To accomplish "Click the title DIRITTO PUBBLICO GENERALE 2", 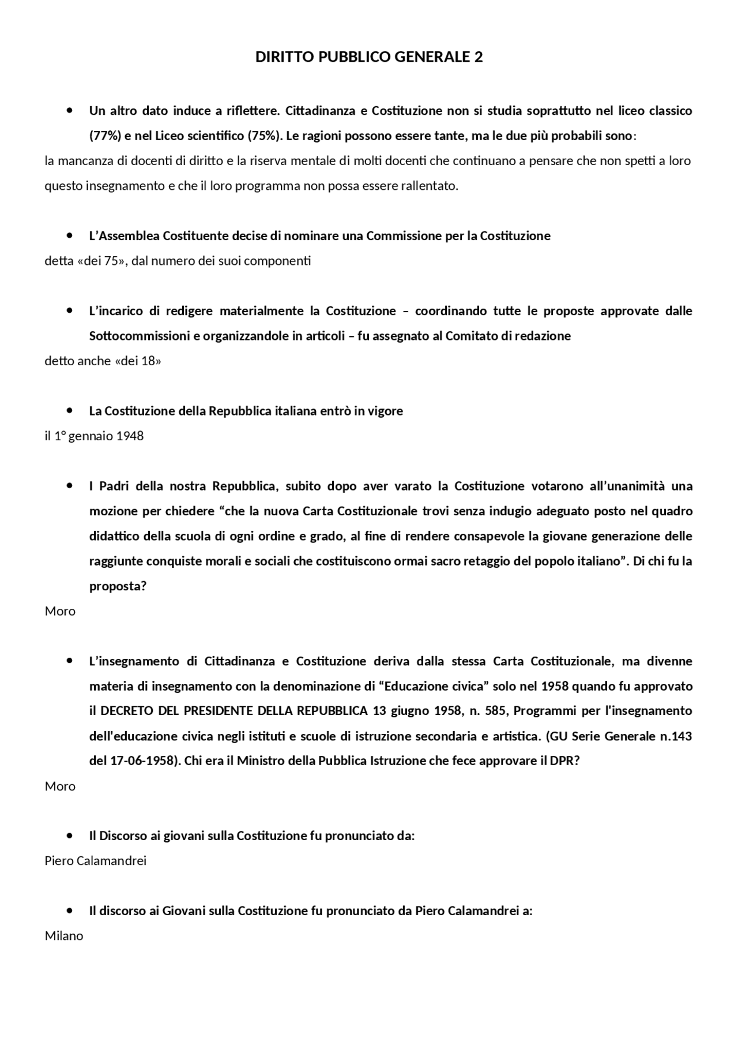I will click(369, 57).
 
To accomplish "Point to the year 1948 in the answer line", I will click(130, 436).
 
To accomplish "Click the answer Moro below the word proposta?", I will click(60, 611).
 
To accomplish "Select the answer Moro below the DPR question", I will click(60, 786).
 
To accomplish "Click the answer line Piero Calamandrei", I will click(96, 861).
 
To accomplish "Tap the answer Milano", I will click(64, 936).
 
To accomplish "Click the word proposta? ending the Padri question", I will click(118, 586).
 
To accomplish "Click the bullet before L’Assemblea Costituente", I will click(70, 235).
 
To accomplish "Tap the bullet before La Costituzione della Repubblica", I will click(70, 411).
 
